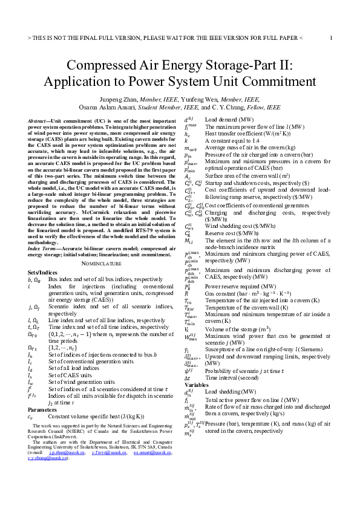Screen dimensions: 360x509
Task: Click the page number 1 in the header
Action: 331,37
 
